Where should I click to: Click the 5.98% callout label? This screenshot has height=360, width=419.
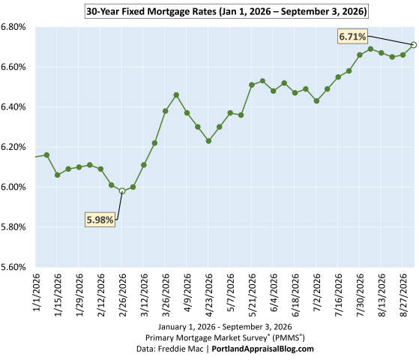[x=100, y=220]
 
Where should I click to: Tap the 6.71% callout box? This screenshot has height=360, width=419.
[x=352, y=36]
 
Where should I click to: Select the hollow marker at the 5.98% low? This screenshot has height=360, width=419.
[x=122, y=191]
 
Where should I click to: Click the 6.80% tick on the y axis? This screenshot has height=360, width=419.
[x=13, y=27]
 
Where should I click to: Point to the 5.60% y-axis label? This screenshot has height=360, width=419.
[x=13, y=267]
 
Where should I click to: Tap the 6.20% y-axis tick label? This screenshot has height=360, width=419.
[x=13, y=147]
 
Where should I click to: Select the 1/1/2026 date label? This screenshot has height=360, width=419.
[x=36, y=292]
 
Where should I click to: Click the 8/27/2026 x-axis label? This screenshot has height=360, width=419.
[x=403, y=295]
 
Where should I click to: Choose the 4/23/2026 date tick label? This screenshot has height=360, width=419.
[x=208, y=295]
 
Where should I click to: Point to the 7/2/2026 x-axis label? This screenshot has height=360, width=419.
[x=316, y=292]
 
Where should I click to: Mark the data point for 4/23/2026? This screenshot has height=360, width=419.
[x=208, y=141]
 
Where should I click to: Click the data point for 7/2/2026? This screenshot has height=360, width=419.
[x=316, y=100]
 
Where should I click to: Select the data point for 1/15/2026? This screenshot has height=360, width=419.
[x=57, y=175]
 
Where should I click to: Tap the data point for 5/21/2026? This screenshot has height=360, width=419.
[x=252, y=85]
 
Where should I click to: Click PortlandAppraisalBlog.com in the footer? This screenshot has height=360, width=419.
[x=262, y=349]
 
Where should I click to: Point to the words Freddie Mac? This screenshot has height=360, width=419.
[x=181, y=349]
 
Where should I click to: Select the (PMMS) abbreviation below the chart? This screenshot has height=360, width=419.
[x=289, y=337]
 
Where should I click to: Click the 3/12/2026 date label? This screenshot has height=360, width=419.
[x=144, y=295]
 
